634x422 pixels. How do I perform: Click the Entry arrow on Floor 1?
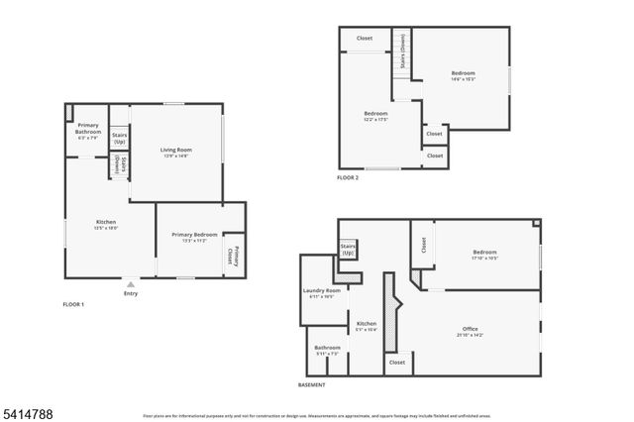pos(131,283)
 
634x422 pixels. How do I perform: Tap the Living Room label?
pos(176,152)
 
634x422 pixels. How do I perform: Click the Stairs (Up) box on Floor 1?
pos(119,139)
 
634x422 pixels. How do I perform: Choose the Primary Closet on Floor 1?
pos(233,255)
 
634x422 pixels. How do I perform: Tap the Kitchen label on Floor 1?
pos(106,224)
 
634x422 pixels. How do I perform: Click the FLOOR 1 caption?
pos(73,304)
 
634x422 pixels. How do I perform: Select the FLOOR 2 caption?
pos(348,177)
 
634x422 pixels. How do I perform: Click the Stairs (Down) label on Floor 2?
pos(402,44)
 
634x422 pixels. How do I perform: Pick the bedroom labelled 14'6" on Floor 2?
pos(464,75)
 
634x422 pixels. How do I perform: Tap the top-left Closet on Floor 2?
pos(365,38)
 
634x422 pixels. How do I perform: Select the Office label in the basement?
pos(471,331)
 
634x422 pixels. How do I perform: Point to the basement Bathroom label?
pos(328,350)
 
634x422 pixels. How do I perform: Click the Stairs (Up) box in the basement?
pos(348,250)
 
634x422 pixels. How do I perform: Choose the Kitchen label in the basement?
pos(367,326)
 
